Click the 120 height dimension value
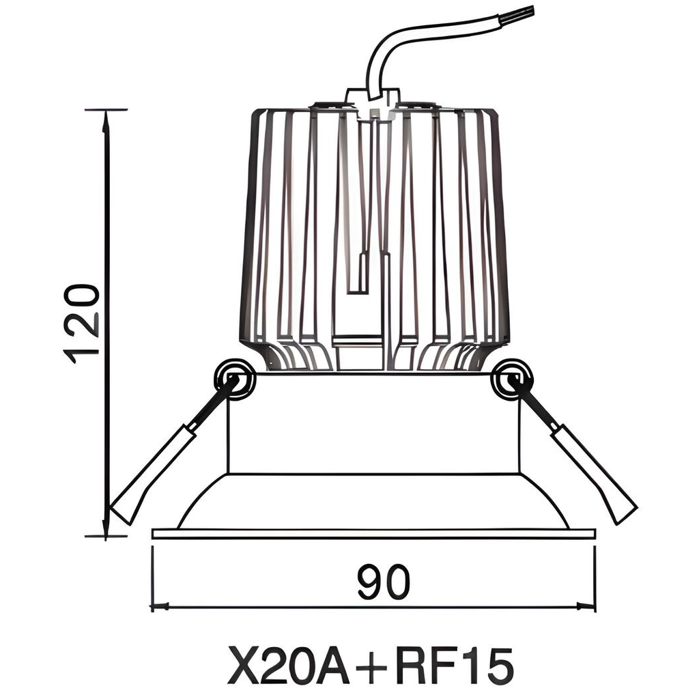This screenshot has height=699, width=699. [82, 323]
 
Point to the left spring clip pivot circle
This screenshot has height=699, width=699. [234, 377]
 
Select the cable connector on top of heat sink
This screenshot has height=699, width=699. [372, 98]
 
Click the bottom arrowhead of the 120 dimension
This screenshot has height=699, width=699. [106, 530]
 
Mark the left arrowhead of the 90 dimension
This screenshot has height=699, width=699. [158, 605]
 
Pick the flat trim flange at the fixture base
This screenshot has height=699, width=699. [373, 533]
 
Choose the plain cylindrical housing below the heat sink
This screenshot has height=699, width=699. [373, 423]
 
